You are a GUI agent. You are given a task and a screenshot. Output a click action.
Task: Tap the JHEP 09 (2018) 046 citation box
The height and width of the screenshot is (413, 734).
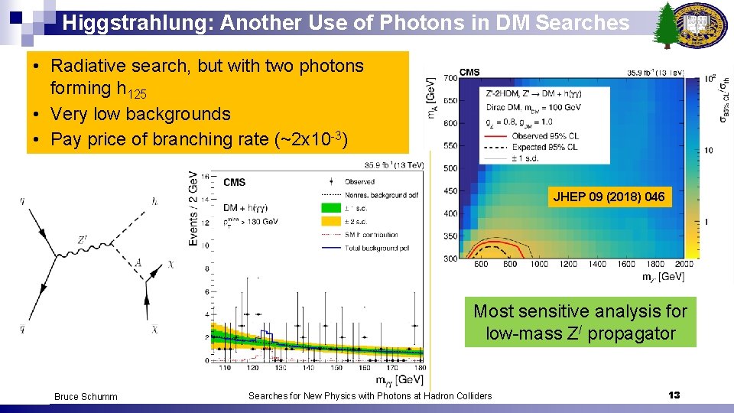609,197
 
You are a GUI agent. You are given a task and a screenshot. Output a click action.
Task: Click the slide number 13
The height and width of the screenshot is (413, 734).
674,395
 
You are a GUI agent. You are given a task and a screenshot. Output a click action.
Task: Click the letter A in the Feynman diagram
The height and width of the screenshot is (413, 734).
138,263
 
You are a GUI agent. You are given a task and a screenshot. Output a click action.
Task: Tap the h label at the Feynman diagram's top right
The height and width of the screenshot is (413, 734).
156,201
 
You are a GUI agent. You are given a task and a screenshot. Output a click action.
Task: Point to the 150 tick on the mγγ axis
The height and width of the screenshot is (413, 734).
334,368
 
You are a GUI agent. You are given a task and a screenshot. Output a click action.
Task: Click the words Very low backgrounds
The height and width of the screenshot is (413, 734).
140,114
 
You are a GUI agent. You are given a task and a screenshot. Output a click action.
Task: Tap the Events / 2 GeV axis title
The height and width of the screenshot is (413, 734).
193,208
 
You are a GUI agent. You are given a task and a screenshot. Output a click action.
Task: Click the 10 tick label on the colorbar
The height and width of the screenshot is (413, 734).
708,150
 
